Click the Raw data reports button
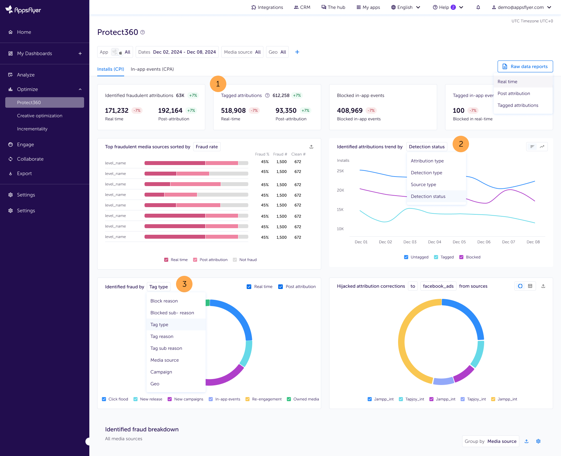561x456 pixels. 525,66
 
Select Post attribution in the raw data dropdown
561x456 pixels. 514,93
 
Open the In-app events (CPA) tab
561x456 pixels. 152,69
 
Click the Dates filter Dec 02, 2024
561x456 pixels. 177,52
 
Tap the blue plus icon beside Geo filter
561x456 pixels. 297,52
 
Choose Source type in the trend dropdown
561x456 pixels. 423,184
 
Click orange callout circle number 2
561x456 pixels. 460,144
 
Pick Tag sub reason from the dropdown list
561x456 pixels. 166,348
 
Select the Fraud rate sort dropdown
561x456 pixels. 207,147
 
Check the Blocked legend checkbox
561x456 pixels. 461,257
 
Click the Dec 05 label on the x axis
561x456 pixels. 459,242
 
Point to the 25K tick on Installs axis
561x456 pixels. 340,171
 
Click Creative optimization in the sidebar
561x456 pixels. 40,116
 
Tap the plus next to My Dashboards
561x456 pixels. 80,54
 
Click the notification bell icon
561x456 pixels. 478,7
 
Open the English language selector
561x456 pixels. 405,7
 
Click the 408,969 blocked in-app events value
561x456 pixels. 349,110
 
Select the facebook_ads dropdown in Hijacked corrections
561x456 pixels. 438,286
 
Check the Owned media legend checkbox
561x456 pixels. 289,399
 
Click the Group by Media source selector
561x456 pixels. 490,441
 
